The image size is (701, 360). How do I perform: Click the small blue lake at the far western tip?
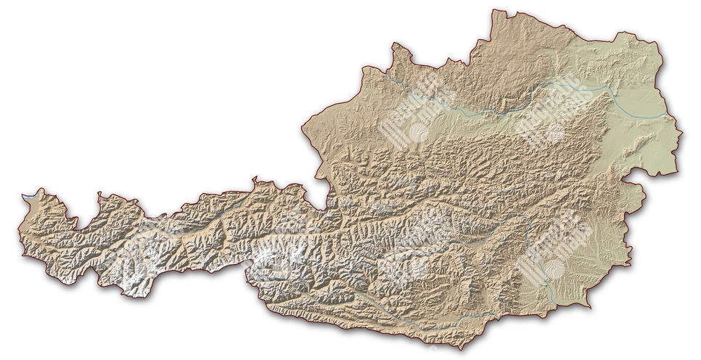[x=29, y=196]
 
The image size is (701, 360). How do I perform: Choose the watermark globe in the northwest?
[x=419, y=131]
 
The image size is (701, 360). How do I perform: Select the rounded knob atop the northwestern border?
[x=398, y=48]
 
